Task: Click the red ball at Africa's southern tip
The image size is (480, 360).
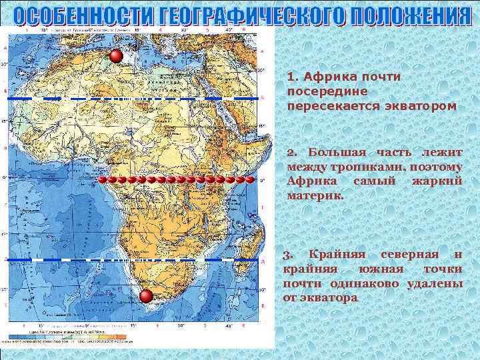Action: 147,297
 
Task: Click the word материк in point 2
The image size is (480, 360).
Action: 314,196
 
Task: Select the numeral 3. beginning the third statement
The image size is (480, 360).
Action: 288,255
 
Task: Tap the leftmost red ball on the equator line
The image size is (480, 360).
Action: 103,180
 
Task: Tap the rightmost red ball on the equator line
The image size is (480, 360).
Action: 250,179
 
